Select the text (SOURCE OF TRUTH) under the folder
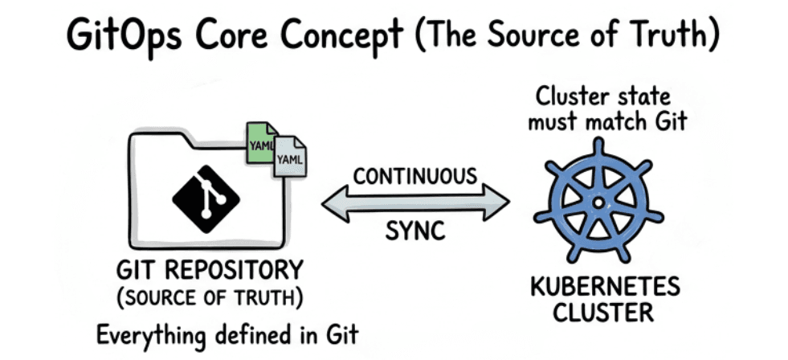pos(209,297)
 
